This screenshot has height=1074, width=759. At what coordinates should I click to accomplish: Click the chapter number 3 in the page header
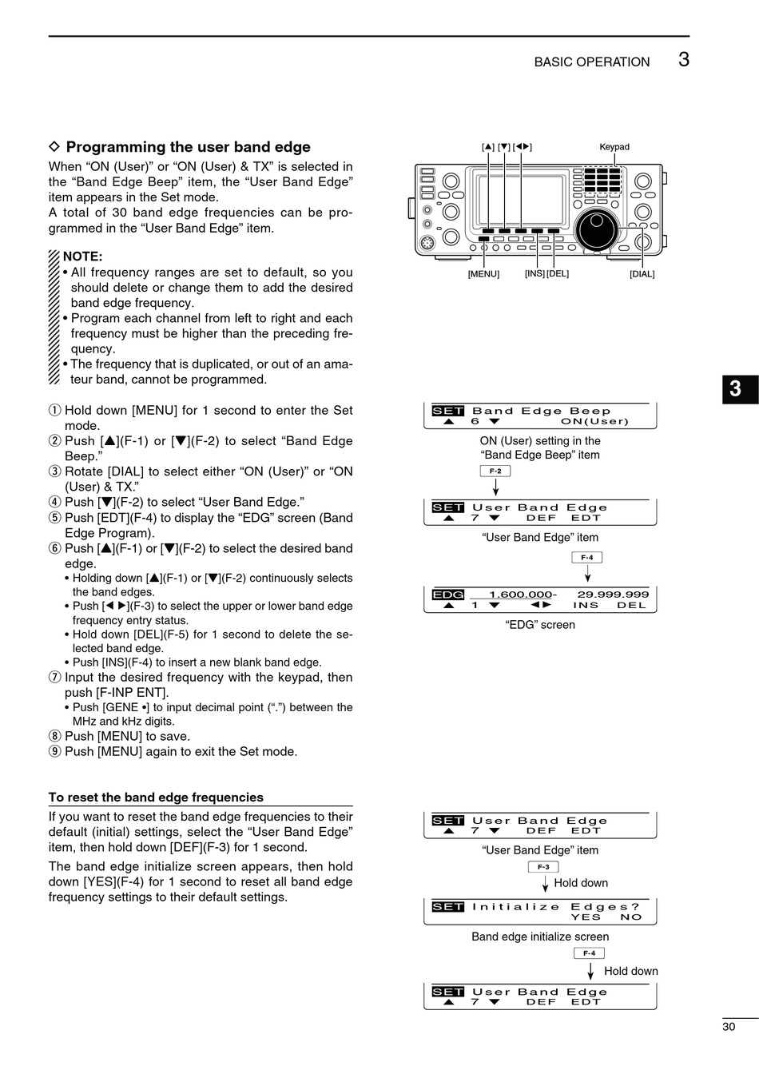tap(683, 60)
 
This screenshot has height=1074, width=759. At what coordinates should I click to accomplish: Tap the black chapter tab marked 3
tap(735, 389)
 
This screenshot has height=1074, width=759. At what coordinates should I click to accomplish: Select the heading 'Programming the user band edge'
tap(188, 147)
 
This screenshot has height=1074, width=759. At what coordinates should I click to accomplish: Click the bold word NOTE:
tap(82, 257)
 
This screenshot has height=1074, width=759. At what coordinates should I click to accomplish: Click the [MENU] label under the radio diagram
tap(483, 274)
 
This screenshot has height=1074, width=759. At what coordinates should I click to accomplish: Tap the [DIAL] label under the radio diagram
tap(642, 274)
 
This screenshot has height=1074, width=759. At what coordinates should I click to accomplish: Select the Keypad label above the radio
tap(614, 147)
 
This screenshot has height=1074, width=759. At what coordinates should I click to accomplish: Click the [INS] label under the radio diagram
tap(534, 274)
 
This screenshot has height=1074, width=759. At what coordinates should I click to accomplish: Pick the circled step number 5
tap(54, 518)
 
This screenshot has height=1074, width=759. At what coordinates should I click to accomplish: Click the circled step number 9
tap(54, 752)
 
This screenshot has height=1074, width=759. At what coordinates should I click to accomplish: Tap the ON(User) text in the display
tap(594, 421)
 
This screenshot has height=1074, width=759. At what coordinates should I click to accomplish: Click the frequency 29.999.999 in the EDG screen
tap(613, 595)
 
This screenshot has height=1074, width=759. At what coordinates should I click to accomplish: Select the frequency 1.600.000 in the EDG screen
tap(521, 595)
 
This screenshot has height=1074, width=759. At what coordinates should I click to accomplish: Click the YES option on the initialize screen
tap(586, 917)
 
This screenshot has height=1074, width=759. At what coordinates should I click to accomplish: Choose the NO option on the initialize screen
tap(631, 917)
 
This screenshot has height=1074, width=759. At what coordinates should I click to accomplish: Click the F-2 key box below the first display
tap(495, 471)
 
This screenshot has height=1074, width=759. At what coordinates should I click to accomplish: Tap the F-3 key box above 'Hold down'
tap(543, 867)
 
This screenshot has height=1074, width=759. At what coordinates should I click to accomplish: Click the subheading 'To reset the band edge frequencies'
tap(156, 798)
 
